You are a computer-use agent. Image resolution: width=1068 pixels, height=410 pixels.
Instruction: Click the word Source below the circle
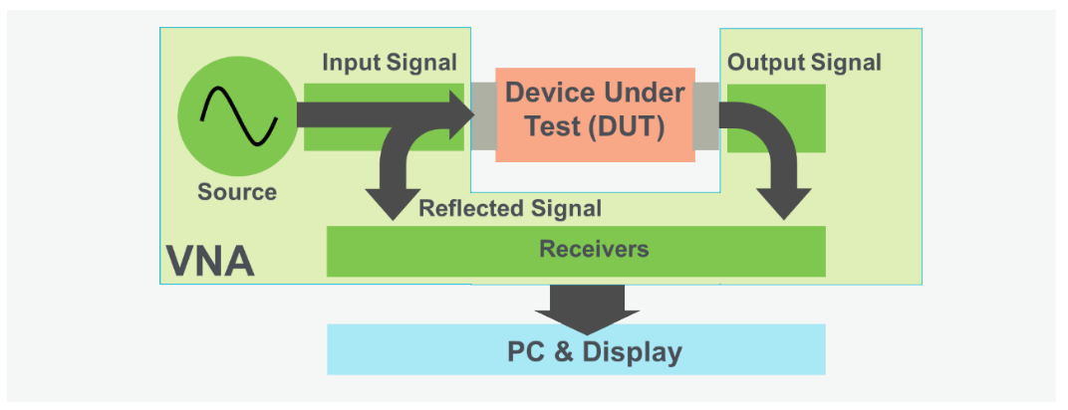tap(237, 192)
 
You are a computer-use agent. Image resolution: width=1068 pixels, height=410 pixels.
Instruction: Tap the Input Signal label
tap(389, 63)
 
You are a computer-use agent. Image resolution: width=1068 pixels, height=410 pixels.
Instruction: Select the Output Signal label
tap(804, 63)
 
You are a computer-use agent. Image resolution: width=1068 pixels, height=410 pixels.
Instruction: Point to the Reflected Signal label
tap(510, 209)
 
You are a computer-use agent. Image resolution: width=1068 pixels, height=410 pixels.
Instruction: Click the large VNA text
tap(210, 262)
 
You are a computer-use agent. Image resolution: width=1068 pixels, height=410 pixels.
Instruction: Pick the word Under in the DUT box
tap(644, 94)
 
